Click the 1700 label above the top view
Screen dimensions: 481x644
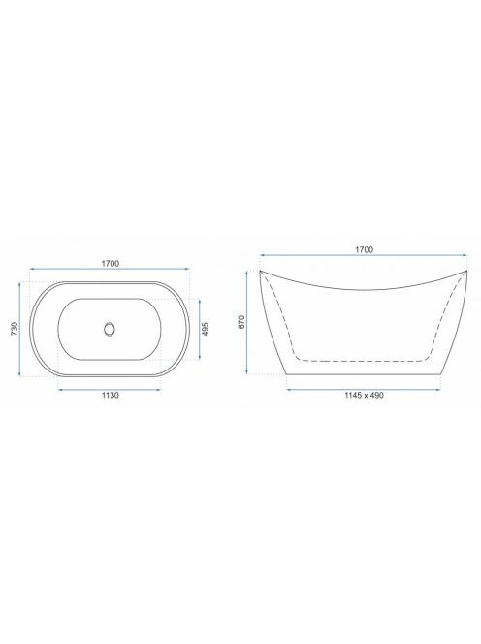coord(111,263)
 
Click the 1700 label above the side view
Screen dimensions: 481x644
coord(364,249)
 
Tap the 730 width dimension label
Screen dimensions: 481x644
coord(14,329)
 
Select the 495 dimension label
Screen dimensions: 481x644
coord(206,330)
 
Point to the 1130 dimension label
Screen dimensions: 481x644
coord(111,395)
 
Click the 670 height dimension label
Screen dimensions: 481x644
coord(240,322)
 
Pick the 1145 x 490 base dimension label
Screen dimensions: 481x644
coord(364,395)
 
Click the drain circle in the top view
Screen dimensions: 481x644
coord(110,329)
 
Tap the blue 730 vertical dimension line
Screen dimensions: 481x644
coord(19,329)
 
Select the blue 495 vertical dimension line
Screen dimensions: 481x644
coord(200,330)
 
